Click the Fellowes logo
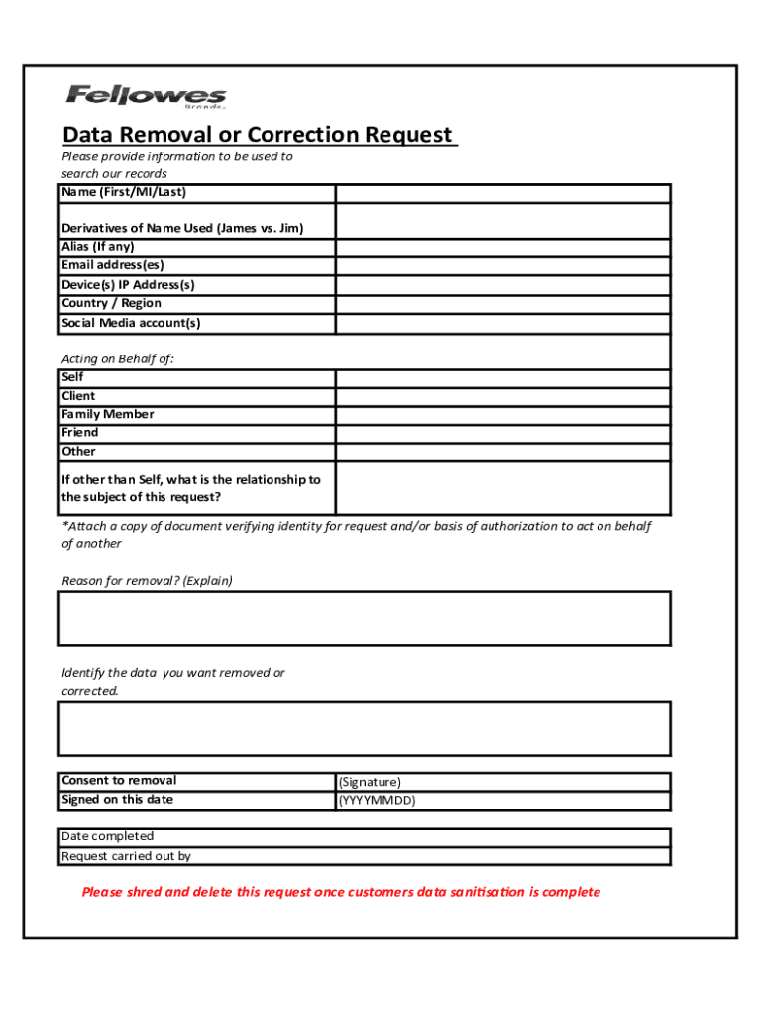[146, 96]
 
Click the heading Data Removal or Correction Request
[258, 135]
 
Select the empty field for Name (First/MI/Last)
[502, 193]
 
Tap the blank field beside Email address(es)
[502, 266]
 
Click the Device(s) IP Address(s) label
[128, 285]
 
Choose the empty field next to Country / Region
[502, 304]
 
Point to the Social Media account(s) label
[131, 323]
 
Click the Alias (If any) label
[97, 247]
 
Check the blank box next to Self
[502, 378]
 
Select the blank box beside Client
[502, 396]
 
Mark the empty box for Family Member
[502, 415]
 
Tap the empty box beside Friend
[502, 433]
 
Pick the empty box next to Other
[502, 452]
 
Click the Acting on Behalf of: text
[118, 358]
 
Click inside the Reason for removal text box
[365, 618]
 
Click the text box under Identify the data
[365, 728]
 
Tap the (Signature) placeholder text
[370, 782]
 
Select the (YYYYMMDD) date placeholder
[377, 801]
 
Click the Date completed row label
[107, 837]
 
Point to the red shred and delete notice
[341, 892]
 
